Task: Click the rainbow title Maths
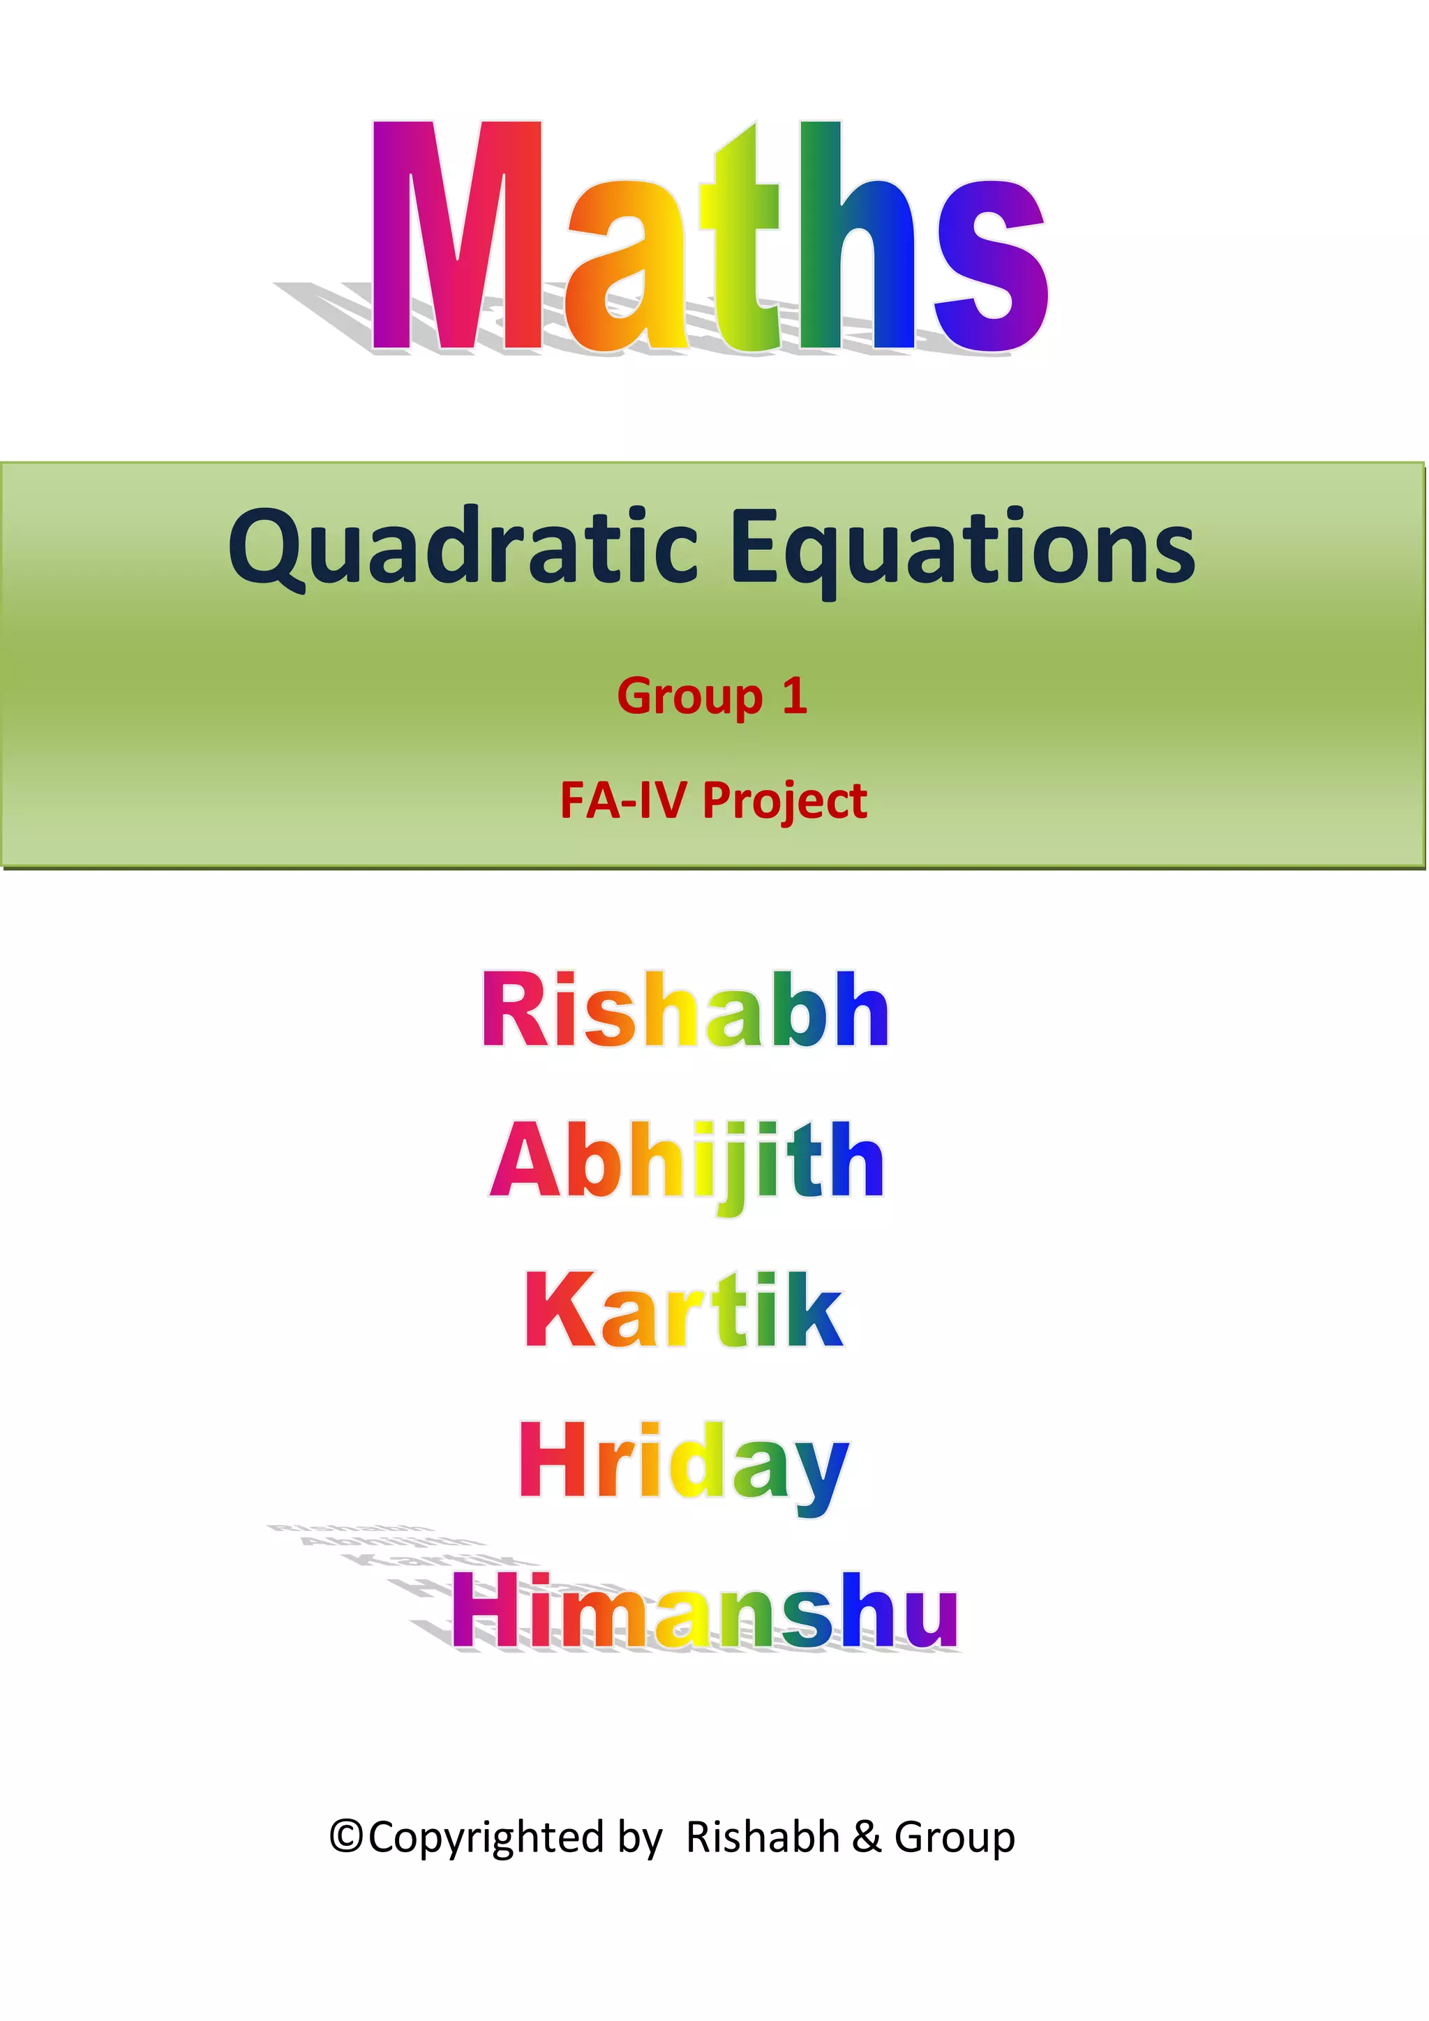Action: (x=709, y=238)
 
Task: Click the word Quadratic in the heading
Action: (x=463, y=548)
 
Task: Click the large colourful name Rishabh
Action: (x=685, y=1011)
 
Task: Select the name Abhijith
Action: (x=687, y=1161)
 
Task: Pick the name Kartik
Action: (x=684, y=1311)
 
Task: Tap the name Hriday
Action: (x=684, y=1462)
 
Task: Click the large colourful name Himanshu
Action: (x=705, y=1610)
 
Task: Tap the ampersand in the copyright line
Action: (x=866, y=1837)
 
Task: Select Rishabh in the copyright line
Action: (x=762, y=1837)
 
